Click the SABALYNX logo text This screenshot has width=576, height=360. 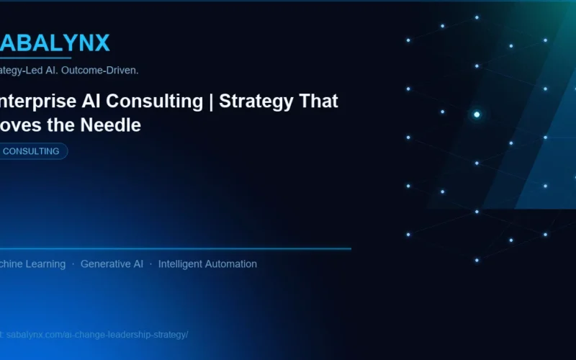[55, 43]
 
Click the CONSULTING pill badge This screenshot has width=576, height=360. [32, 151]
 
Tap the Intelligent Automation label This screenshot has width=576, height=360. [207, 264]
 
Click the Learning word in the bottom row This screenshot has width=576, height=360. [43, 264]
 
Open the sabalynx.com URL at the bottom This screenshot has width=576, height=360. [97, 335]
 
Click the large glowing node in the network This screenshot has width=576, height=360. [477, 114]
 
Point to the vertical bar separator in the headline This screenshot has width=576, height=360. [211, 102]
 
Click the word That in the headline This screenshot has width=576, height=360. [319, 102]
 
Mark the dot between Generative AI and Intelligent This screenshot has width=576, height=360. [150, 264]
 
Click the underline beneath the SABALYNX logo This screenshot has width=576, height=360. [36, 58]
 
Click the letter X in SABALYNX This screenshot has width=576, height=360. [101, 43]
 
